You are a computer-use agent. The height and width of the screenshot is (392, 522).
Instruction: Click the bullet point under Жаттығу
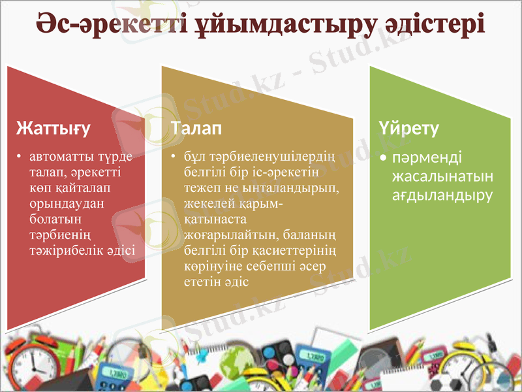click(20, 157)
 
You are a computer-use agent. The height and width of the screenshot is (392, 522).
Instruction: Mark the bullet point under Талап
click(174, 157)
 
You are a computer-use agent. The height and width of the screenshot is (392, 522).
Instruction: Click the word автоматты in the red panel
click(59, 157)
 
